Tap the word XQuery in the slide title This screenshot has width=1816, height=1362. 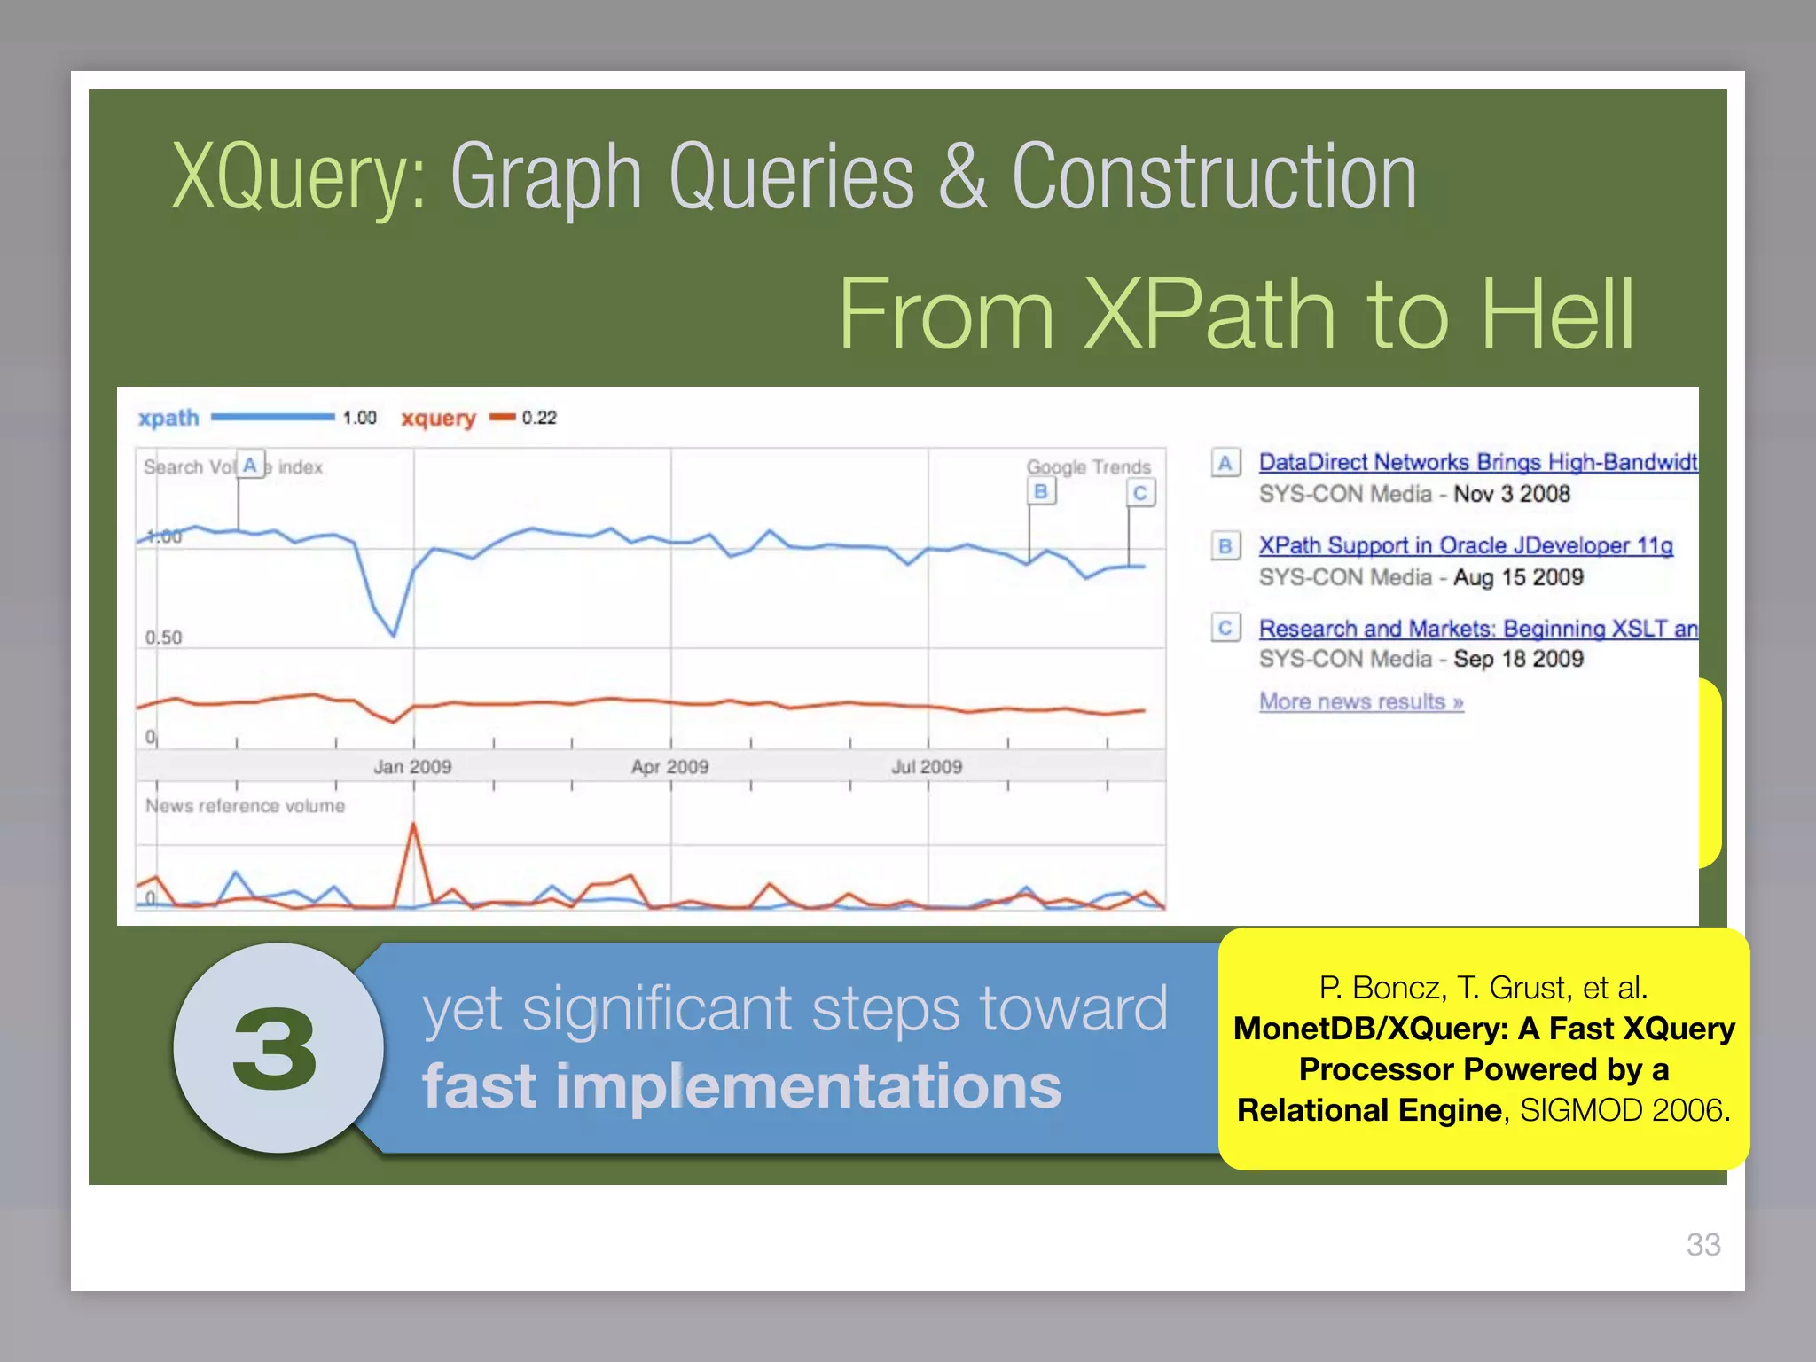click(293, 177)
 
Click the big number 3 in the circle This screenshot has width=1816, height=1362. click(276, 1050)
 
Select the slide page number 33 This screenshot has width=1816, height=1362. click(1702, 1244)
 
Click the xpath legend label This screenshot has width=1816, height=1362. click(168, 418)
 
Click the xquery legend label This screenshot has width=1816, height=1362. click(438, 418)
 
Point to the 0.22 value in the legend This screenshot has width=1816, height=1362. click(539, 418)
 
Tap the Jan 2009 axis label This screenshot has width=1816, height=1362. click(412, 766)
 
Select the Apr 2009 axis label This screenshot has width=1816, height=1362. click(669, 766)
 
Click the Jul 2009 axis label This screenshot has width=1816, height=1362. click(927, 766)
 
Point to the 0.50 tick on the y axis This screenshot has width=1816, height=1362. click(163, 638)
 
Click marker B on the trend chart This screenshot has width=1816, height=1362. click(1042, 491)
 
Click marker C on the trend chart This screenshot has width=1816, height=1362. click(1140, 493)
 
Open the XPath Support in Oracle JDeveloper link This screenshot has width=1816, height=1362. click(1465, 545)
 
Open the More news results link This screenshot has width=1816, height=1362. click(1360, 701)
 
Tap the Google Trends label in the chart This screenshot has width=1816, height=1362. click(1088, 466)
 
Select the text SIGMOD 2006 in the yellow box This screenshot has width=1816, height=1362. click(1624, 1110)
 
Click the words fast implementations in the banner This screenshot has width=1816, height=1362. click(741, 1087)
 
